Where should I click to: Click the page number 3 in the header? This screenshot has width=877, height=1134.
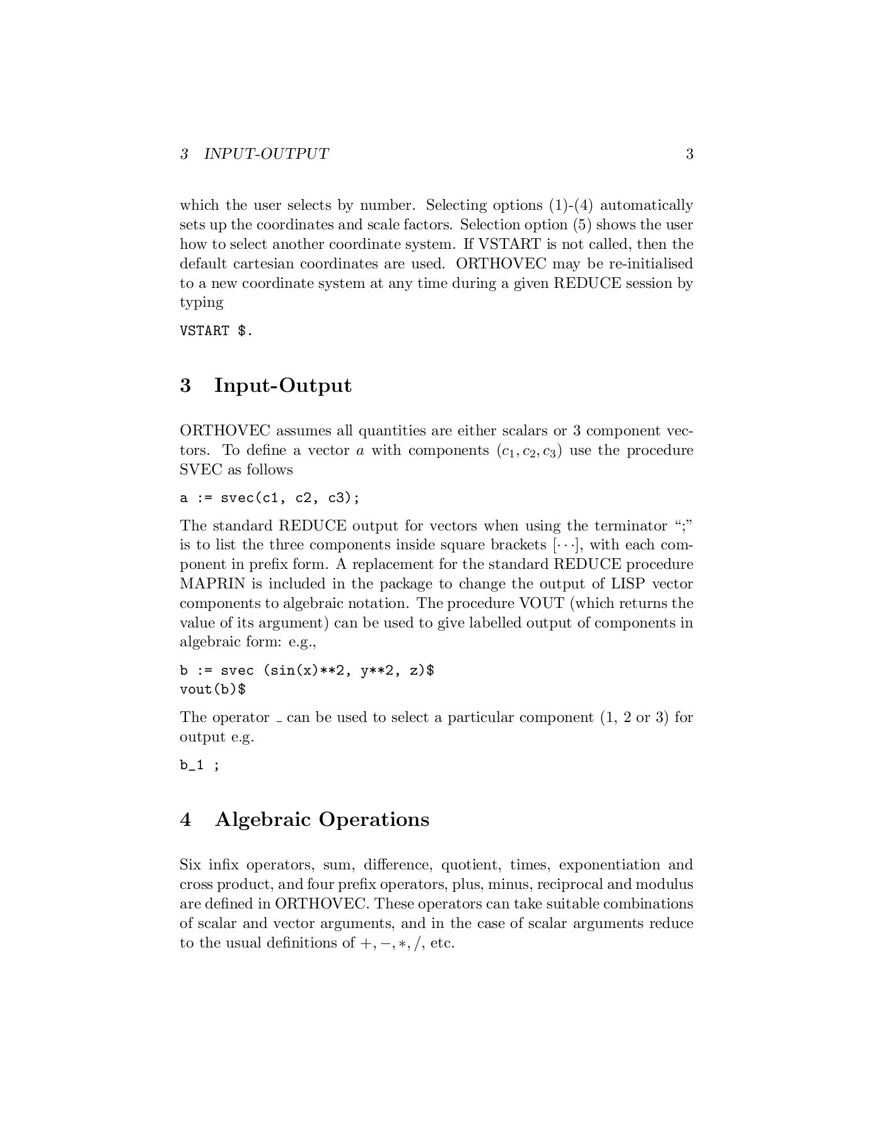tap(689, 154)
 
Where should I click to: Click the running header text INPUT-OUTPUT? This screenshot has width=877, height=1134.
tap(266, 154)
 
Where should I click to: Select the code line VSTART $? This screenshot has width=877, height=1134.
tap(216, 331)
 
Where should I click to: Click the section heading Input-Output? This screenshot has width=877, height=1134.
tap(282, 385)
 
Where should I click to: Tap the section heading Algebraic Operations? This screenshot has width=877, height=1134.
tap(322, 819)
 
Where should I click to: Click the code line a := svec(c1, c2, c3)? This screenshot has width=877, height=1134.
tap(270, 498)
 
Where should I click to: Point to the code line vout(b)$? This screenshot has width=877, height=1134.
tap(212, 689)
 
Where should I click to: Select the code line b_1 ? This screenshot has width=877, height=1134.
tap(200, 765)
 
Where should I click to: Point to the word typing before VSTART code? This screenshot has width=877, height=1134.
tap(202, 303)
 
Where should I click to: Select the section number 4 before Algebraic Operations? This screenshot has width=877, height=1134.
tap(185, 820)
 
